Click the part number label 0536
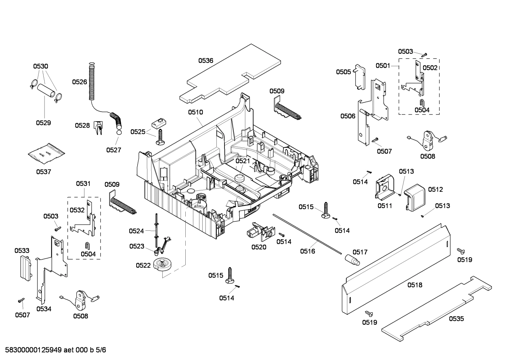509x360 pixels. tap(205, 60)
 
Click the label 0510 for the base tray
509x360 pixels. tap(195, 112)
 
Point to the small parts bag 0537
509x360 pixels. tap(46, 153)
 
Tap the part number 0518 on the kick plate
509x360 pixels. tap(415, 285)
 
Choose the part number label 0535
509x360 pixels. tap(456, 319)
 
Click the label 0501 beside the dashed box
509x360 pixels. tap(383, 65)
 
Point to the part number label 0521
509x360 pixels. tap(243, 161)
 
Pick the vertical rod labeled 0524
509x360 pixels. tap(155, 230)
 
